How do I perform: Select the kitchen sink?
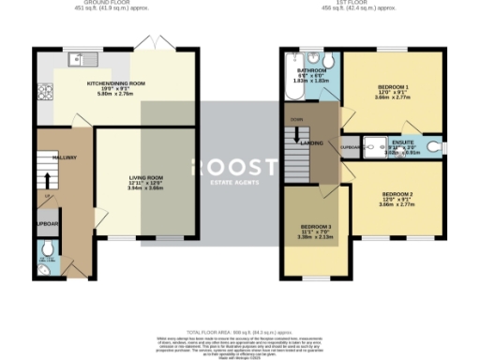pos(77,62)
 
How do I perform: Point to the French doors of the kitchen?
pos(145,45)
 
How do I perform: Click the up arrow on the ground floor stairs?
pos(45,180)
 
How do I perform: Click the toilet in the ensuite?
pos(434,147)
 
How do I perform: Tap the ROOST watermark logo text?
pos(235,167)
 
